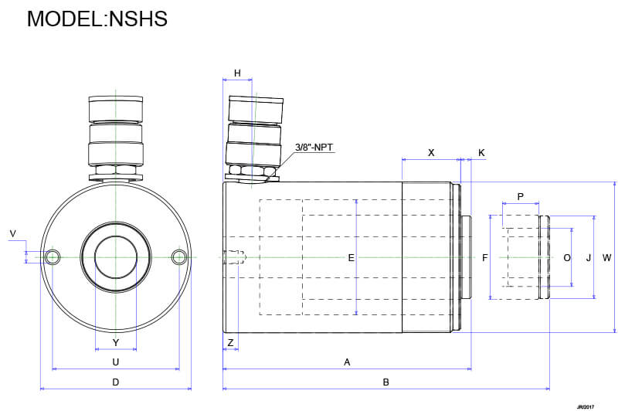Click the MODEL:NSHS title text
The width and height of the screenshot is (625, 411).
tap(97, 19)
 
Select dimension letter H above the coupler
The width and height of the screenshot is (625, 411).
tap(238, 73)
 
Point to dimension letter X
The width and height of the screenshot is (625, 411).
tap(431, 153)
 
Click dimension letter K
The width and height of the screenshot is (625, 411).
tap(481, 153)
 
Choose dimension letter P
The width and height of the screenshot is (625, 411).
tap(520, 197)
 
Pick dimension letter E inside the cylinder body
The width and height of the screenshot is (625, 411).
tap(352, 258)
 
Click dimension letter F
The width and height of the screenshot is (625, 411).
tap(485, 258)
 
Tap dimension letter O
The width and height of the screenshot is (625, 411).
tap(566, 258)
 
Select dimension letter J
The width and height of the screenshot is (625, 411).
tap(588, 258)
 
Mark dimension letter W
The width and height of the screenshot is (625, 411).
tap(606, 258)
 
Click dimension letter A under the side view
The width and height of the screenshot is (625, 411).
tap(347, 362)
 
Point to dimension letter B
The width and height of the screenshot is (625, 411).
tap(386, 382)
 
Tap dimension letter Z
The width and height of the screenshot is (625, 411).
tap(230, 341)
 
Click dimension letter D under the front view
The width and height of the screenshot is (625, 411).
tap(115, 382)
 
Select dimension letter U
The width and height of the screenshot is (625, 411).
tap(115, 362)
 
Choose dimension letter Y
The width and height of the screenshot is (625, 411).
tap(115, 341)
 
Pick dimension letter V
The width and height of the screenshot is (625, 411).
tap(12, 233)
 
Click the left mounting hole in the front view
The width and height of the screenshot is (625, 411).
tap(53, 256)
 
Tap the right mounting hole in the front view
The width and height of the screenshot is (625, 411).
tap(179, 256)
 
